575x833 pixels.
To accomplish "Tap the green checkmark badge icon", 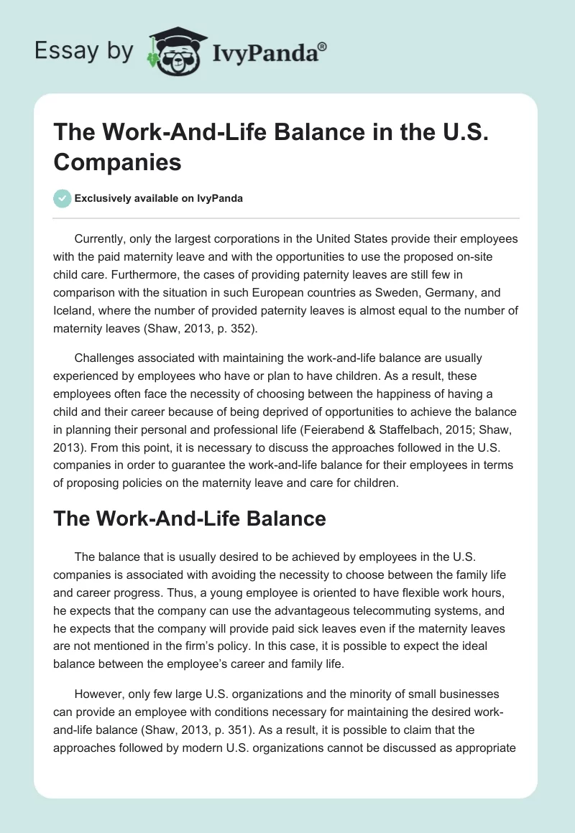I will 63,198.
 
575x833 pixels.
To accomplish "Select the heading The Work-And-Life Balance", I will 190,518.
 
